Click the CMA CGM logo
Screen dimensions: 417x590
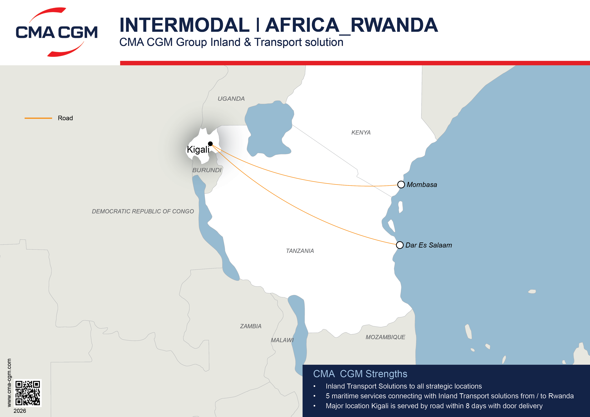[57, 32]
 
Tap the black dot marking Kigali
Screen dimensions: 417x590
[210, 144]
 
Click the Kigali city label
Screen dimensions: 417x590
[198, 149]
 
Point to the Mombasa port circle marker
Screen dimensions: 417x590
[401, 184]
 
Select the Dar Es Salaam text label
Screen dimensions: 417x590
[428, 245]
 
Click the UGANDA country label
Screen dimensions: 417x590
[231, 99]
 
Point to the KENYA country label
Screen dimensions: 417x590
[361, 132]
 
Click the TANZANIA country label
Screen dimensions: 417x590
[300, 251]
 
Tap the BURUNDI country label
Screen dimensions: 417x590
[207, 170]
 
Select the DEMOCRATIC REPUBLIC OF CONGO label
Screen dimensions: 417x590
[143, 211]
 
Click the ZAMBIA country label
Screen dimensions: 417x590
[251, 326]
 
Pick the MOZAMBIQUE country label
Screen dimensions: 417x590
[385, 337]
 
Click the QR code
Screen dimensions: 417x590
[27, 393]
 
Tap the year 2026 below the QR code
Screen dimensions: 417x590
[20, 411]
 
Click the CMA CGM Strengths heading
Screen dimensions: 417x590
[360, 374]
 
